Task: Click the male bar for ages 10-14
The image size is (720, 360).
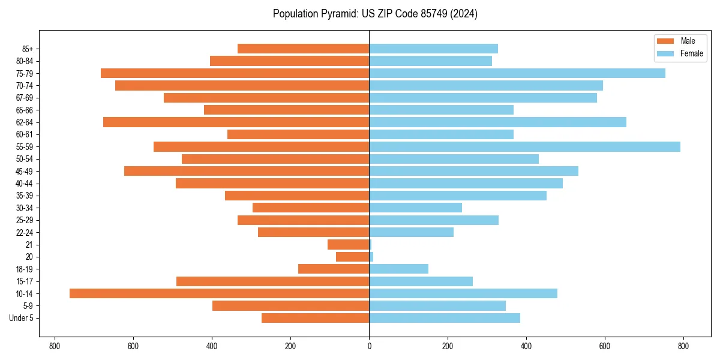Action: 219,293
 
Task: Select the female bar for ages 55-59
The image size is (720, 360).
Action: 524,147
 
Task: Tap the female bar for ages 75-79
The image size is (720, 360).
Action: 517,73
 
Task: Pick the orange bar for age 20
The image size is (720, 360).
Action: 353,257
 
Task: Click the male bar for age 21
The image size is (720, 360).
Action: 349,245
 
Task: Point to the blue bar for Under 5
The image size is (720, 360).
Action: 444,318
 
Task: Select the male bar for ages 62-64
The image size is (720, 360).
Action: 236,122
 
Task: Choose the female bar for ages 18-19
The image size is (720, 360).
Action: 398,269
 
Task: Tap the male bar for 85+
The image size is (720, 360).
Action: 303,49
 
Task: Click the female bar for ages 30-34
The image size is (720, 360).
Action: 415,208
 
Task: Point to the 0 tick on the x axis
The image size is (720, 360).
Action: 369,346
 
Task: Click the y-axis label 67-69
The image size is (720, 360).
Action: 25,98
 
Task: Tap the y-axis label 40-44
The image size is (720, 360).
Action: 25,184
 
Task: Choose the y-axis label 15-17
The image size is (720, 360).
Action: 25,281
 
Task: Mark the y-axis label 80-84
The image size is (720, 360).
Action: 25,61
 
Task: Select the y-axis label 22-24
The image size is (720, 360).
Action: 25,233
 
